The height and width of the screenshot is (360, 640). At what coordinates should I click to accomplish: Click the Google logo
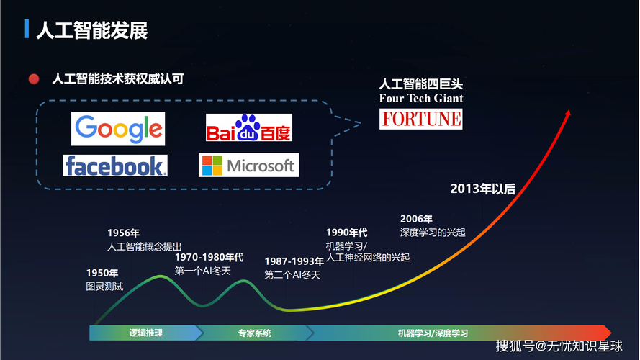(x=118, y=129)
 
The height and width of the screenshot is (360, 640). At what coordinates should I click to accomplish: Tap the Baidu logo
(x=248, y=128)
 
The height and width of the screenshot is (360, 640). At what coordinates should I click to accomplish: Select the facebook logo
(x=115, y=166)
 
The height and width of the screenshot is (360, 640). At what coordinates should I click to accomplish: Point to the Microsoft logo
(x=248, y=166)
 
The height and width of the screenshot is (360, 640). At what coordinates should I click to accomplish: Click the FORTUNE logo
(x=421, y=119)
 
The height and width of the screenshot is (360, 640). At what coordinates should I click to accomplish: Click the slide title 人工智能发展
(x=92, y=30)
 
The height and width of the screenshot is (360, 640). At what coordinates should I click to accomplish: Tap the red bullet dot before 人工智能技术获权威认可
(x=33, y=79)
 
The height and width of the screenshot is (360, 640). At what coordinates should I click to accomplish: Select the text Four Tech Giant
(x=421, y=98)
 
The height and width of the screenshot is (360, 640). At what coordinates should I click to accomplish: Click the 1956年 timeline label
(x=123, y=233)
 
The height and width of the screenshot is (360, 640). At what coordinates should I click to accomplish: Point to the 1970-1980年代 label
(x=209, y=257)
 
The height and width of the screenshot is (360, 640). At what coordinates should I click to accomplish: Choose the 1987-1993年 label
(x=294, y=261)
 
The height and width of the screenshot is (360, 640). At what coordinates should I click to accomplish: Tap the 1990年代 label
(x=346, y=232)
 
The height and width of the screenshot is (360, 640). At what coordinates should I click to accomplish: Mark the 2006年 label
(x=416, y=219)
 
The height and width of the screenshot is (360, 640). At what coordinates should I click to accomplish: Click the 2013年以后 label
(x=483, y=189)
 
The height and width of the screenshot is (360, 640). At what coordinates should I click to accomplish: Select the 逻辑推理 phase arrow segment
(x=145, y=333)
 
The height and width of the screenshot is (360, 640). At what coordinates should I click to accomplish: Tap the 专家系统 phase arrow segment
(x=254, y=333)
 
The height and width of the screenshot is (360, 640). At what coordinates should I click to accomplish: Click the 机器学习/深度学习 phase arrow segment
(x=433, y=333)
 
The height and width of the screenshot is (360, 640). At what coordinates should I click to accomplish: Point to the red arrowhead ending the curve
(x=568, y=114)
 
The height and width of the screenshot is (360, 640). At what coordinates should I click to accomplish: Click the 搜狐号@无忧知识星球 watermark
(x=558, y=346)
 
